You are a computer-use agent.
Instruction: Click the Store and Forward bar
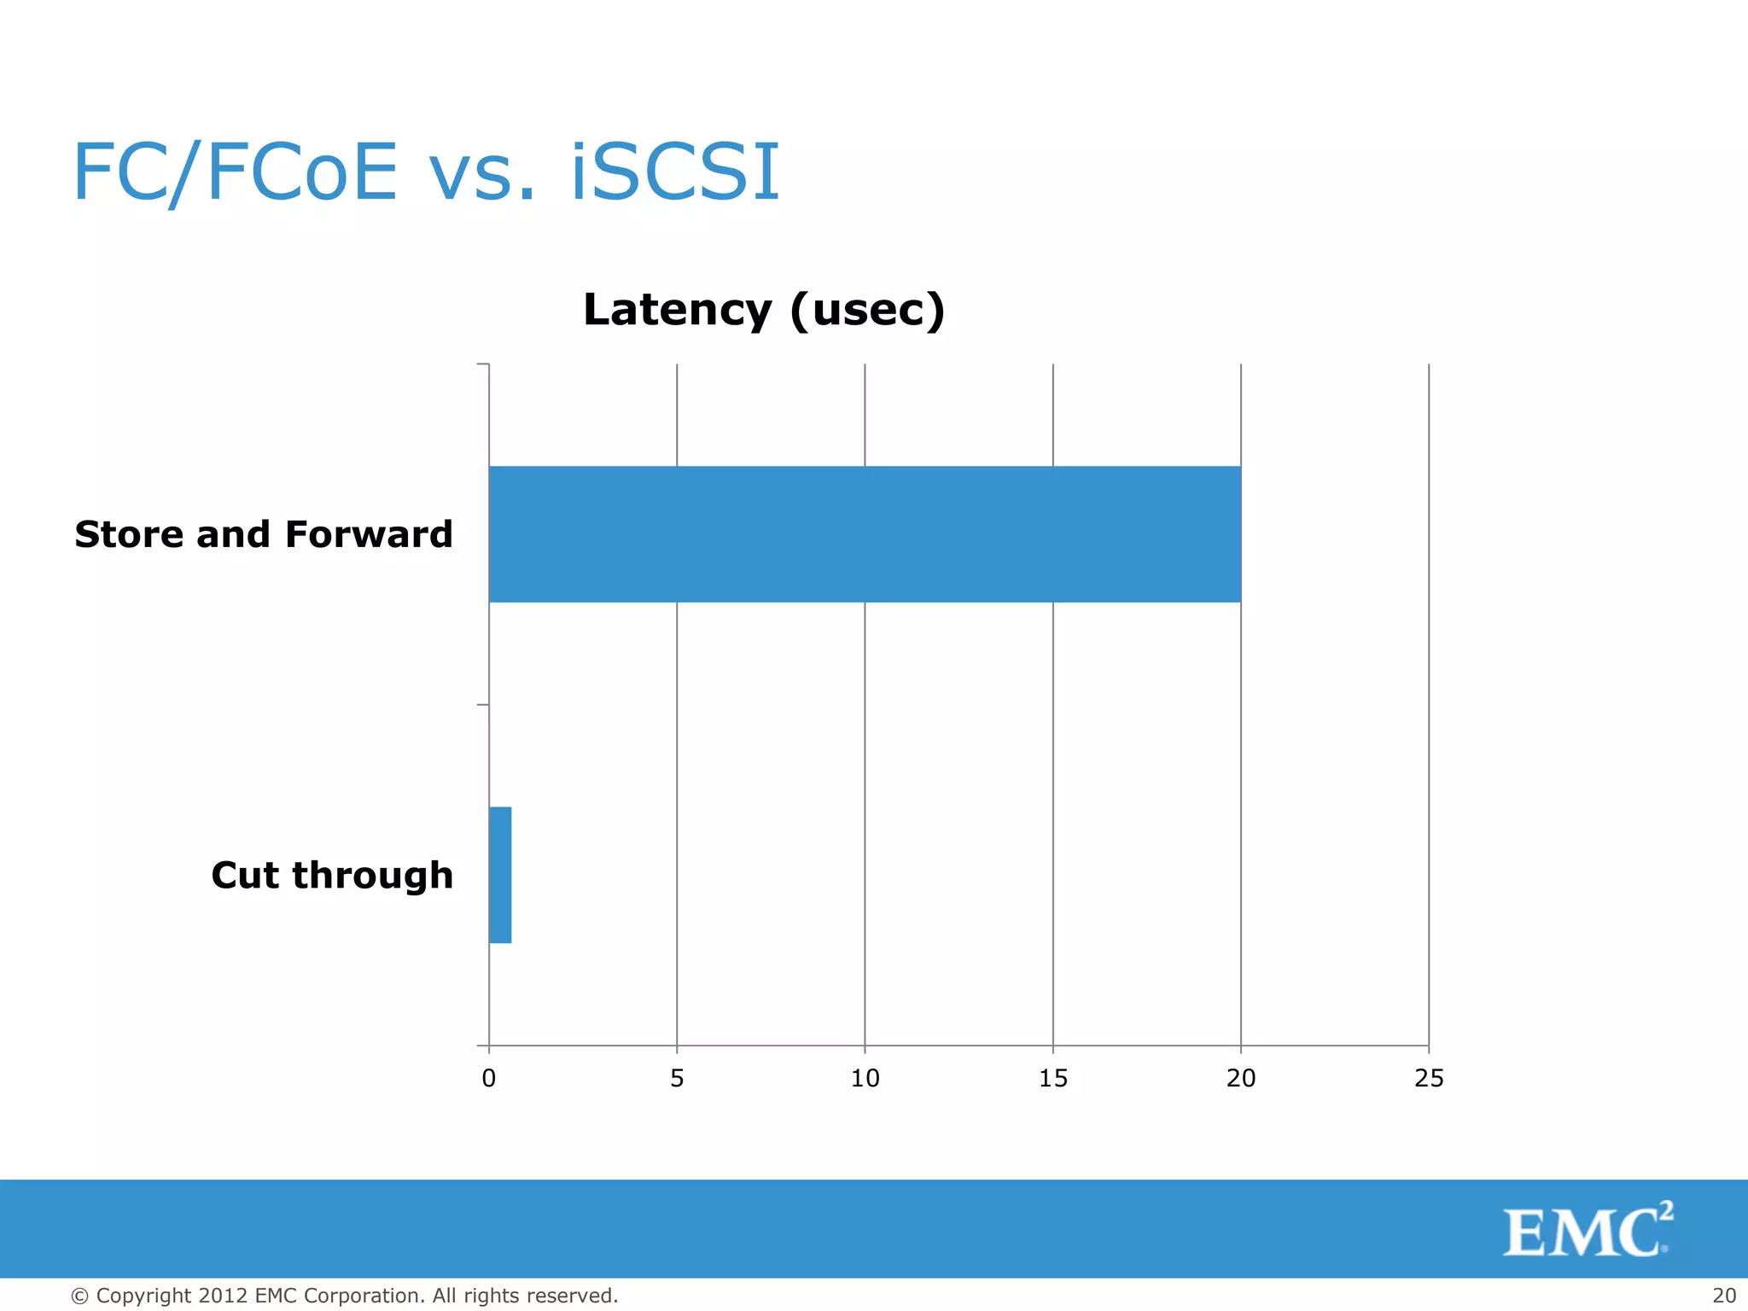[864, 534]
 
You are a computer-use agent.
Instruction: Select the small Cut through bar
[500, 875]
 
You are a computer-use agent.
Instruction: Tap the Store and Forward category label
[263, 535]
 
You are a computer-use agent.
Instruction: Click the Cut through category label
[331, 876]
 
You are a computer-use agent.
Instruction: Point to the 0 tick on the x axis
[489, 1079]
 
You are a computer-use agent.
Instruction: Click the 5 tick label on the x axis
[677, 1079]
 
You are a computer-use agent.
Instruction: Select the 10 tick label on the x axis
[865, 1079]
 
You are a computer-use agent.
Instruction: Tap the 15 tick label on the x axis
[1053, 1079]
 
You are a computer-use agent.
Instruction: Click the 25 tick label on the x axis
[1429, 1079]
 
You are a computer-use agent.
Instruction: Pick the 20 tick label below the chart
[1241, 1079]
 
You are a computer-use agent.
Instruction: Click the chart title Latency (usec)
[764, 309]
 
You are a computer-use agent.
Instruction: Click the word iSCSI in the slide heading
[674, 172]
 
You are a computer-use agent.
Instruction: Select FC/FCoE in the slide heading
[235, 172]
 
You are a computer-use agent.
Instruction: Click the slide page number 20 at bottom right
[1724, 1296]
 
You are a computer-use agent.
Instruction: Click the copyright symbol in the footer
[79, 1296]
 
